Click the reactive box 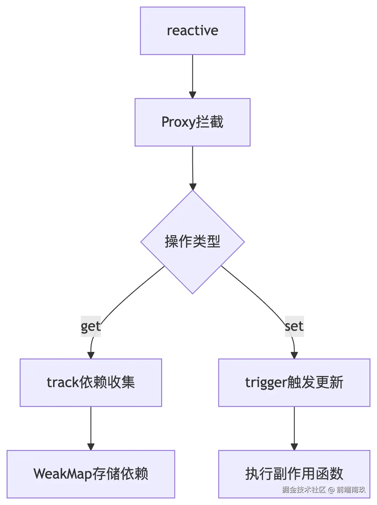192,31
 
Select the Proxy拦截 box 192,122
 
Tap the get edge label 91,326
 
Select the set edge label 294,326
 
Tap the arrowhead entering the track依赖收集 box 91,355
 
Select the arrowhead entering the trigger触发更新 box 294,355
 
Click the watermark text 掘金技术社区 304,489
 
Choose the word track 63,383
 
